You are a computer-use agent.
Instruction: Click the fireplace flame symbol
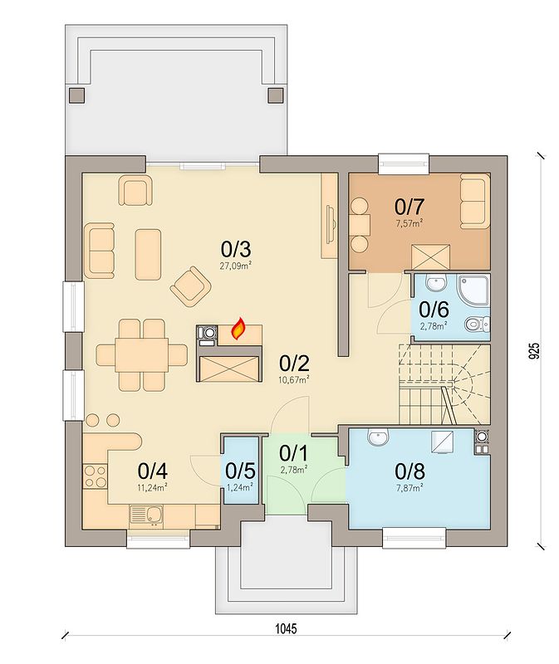click(239, 329)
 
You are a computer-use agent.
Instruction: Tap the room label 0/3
click(236, 250)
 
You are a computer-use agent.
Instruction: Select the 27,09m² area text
click(236, 266)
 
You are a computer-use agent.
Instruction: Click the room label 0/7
click(409, 207)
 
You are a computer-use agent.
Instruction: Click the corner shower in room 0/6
click(473, 292)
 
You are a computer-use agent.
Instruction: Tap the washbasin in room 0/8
click(378, 437)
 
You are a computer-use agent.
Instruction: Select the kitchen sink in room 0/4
click(146, 516)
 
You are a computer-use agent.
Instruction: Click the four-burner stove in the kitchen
click(95, 476)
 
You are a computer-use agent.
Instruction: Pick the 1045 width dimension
click(286, 628)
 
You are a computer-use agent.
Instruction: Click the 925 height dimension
click(535, 351)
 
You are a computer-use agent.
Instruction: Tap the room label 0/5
click(240, 471)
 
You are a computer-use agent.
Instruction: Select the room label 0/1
click(294, 453)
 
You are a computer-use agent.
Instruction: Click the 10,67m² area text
click(294, 380)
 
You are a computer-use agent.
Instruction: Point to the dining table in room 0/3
click(141, 355)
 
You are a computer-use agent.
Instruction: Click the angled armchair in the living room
click(191, 286)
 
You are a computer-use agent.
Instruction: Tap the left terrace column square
click(76, 95)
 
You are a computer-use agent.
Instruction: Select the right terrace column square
click(276, 95)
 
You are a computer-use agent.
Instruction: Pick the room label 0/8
click(409, 471)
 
